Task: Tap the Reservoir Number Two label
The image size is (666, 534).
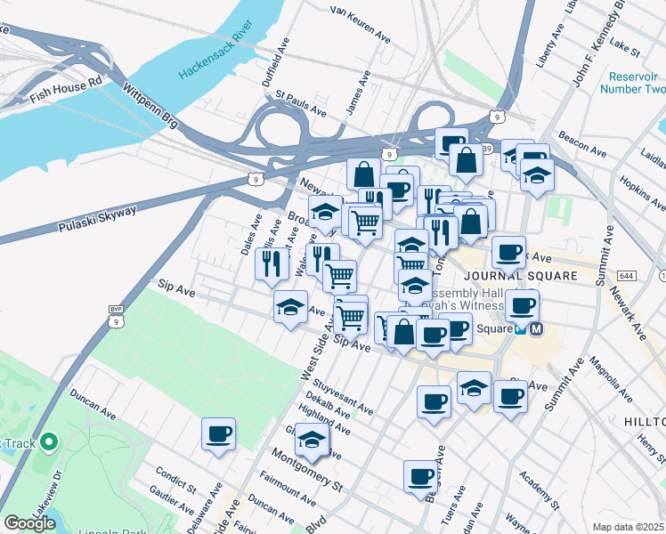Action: [632, 83]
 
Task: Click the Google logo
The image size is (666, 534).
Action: [29, 522]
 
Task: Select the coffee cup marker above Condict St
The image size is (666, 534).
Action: [218, 435]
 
